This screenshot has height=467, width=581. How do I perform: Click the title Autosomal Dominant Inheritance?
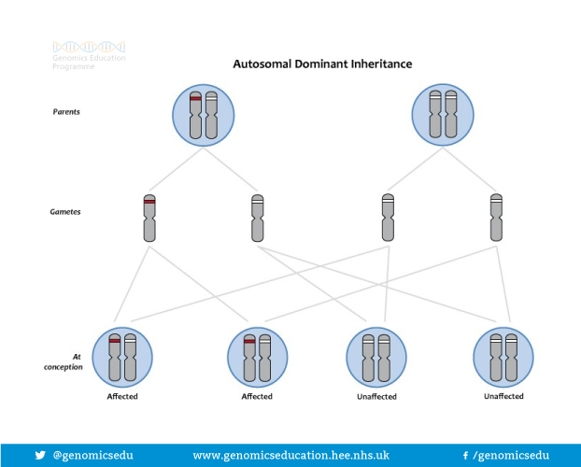pos(321,64)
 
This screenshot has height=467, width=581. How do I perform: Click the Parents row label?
pos(65,111)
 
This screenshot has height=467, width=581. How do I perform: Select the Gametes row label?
pos(64,212)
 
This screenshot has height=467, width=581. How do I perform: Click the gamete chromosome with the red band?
pos(149,219)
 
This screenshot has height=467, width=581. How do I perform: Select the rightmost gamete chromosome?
pos(496,219)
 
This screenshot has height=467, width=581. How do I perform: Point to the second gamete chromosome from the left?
pos(257,219)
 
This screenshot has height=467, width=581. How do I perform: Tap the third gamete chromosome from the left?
pos(388,219)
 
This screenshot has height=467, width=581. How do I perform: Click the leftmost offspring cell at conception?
pos(122,357)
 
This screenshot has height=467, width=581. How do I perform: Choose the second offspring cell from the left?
pos(257,357)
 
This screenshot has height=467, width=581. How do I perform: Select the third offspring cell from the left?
pos(376,357)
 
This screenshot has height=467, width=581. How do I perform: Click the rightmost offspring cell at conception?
pos(503,357)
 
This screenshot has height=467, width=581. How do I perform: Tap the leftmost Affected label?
pos(122,397)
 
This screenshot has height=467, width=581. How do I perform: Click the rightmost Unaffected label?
pos(503,397)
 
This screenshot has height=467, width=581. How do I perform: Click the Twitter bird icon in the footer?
pos(40,456)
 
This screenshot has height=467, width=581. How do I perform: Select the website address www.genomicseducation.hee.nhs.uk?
pos(290,456)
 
